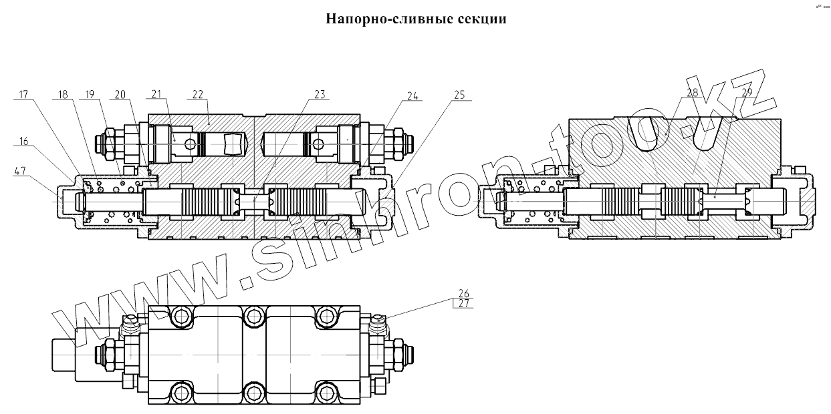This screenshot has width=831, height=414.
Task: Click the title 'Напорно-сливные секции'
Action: [416, 19]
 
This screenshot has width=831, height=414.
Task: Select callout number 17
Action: [23, 95]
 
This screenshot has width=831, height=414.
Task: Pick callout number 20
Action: [120, 95]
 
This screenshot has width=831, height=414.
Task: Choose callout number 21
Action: [156, 95]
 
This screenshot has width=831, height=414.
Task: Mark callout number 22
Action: [198, 95]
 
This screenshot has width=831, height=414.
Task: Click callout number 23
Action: [320, 95]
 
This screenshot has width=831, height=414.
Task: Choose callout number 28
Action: [692, 92]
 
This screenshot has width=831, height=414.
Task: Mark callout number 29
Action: [747, 92]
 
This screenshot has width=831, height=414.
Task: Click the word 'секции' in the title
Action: [482, 19]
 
